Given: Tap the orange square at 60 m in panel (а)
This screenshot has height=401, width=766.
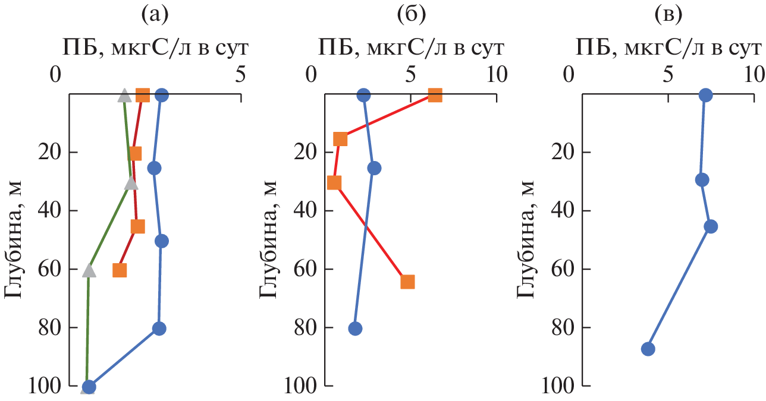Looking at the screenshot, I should point(120,270).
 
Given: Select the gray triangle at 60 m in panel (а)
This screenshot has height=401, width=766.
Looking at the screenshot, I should point(89,270).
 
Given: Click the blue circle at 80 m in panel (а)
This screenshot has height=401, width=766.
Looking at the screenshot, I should point(159,329).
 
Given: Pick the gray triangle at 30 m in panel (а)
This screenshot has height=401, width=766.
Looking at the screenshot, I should point(131,183).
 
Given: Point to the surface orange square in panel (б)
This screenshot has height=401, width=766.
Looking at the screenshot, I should point(435,95).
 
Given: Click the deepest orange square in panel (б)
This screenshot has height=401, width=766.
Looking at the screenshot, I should point(407,282).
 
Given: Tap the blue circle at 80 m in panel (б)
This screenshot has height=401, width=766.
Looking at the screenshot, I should point(355,329).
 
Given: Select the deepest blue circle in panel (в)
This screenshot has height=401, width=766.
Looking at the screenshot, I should point(648,349).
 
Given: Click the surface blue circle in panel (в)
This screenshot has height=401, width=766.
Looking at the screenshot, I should point(705,95).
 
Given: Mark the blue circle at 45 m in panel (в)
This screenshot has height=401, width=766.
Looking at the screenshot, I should point(710,226).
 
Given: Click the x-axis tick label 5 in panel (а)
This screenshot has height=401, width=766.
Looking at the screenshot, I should point(240,75).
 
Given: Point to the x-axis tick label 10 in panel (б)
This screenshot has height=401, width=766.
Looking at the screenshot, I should point(496,75).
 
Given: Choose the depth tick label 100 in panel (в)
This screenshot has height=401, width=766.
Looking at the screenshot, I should point(558,387).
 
